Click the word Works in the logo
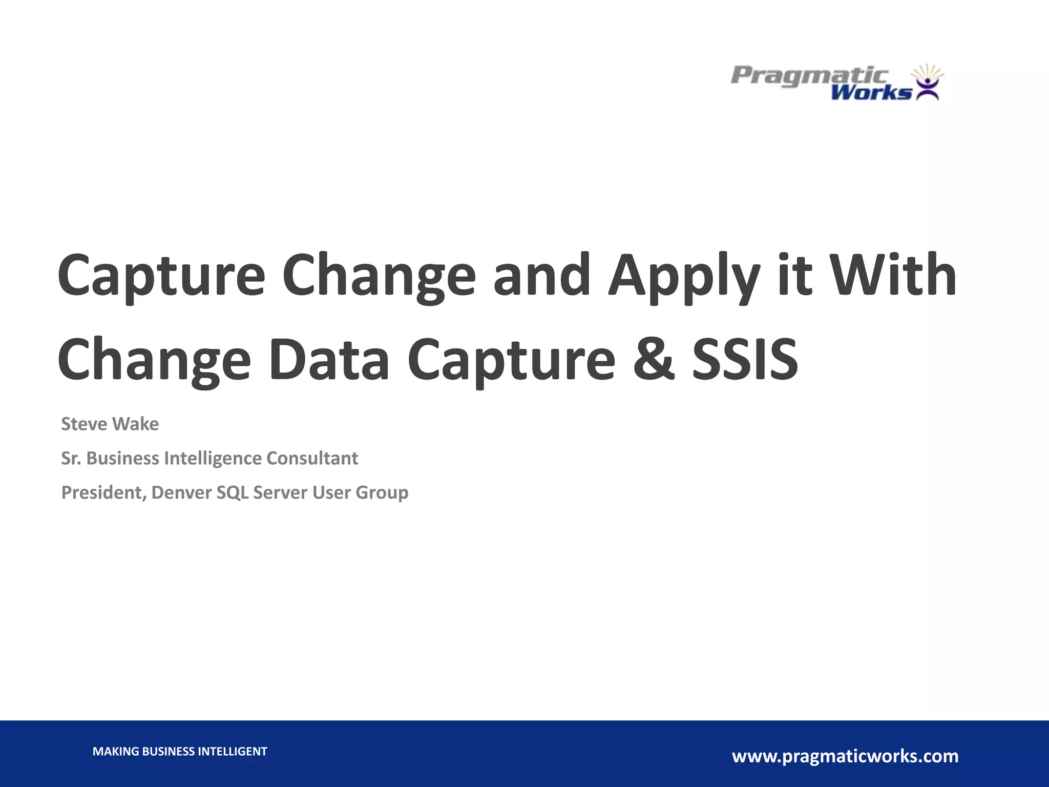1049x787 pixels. [871, 93]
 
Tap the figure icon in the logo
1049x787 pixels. [928, 84]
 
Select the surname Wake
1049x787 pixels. [135, 424]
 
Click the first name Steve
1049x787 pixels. [84, 424]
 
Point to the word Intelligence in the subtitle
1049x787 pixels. [213, 459]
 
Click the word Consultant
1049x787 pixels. [312, 459]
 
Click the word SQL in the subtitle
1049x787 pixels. [233, 493]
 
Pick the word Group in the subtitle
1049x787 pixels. [382, 493]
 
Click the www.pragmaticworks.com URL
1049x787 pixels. [845, 756]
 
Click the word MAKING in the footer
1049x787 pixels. [116, 752]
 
